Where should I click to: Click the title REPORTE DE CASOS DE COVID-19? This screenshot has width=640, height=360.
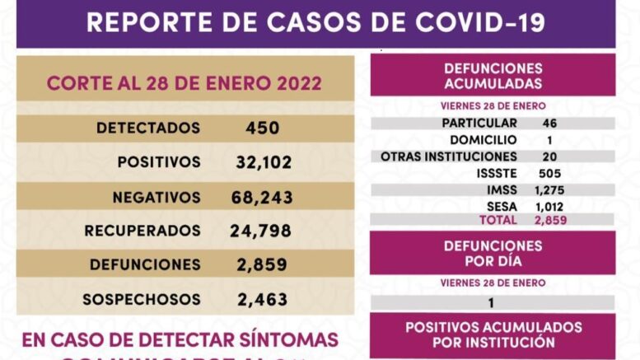click(315, 21)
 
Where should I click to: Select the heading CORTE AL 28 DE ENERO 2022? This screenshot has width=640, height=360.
click(185, 84)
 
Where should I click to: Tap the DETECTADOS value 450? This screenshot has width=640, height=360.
click(263, 128)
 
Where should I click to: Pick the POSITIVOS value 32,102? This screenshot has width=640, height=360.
click(264, 162)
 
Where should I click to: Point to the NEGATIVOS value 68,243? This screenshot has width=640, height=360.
click(262, 197)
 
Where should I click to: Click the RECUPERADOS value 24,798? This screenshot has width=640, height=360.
click(261, 231)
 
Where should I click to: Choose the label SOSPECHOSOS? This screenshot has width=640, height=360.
click(142, 299)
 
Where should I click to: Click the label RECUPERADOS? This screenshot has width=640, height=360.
click(142, 231)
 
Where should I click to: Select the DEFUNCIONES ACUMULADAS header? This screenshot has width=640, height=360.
click(493, 76)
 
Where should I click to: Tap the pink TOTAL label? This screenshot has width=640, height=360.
click(498, 220)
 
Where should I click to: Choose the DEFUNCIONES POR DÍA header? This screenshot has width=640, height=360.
click(493, 253)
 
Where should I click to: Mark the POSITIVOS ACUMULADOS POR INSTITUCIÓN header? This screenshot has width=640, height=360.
click(493, 334)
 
